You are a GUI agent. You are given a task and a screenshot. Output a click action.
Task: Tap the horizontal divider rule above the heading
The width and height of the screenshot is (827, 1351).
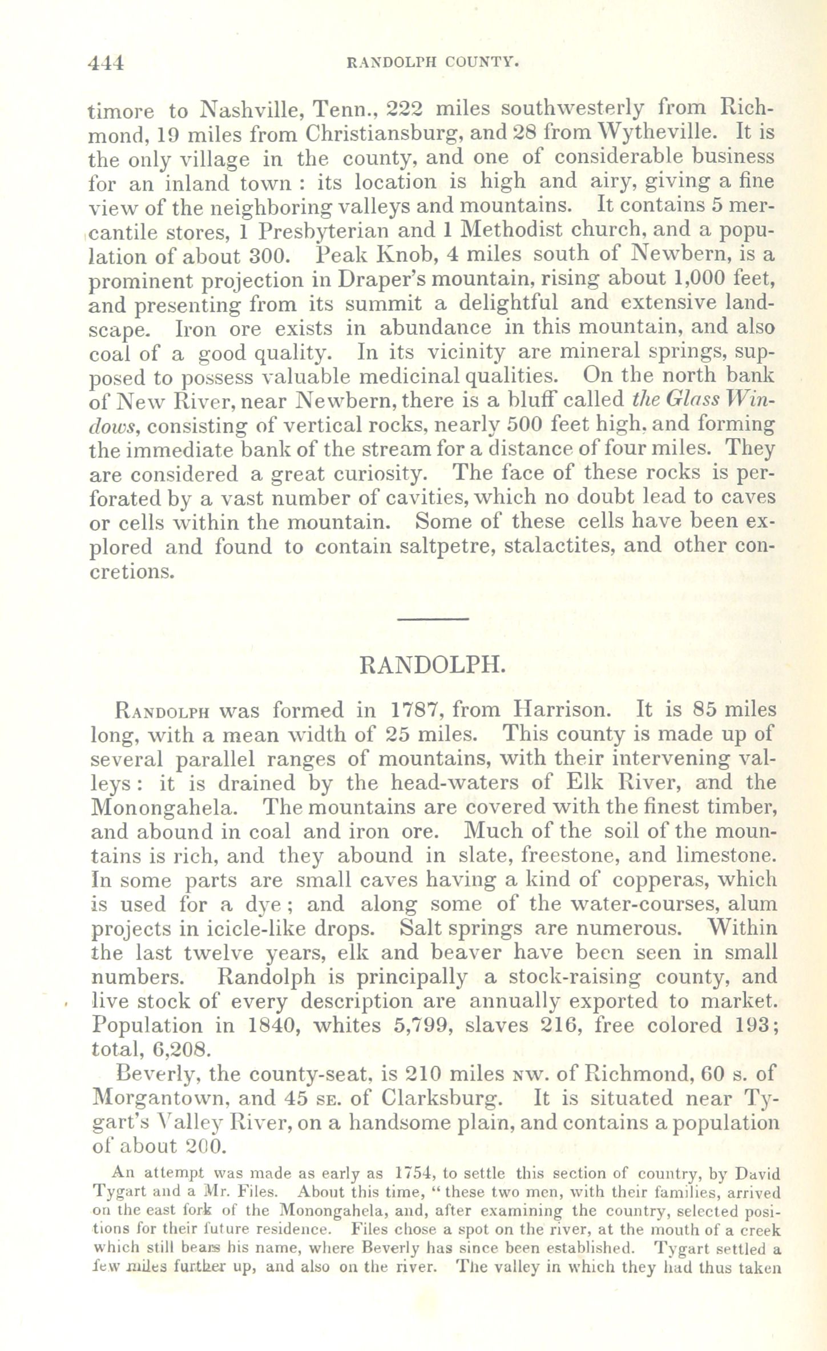(x=432, y=619)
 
